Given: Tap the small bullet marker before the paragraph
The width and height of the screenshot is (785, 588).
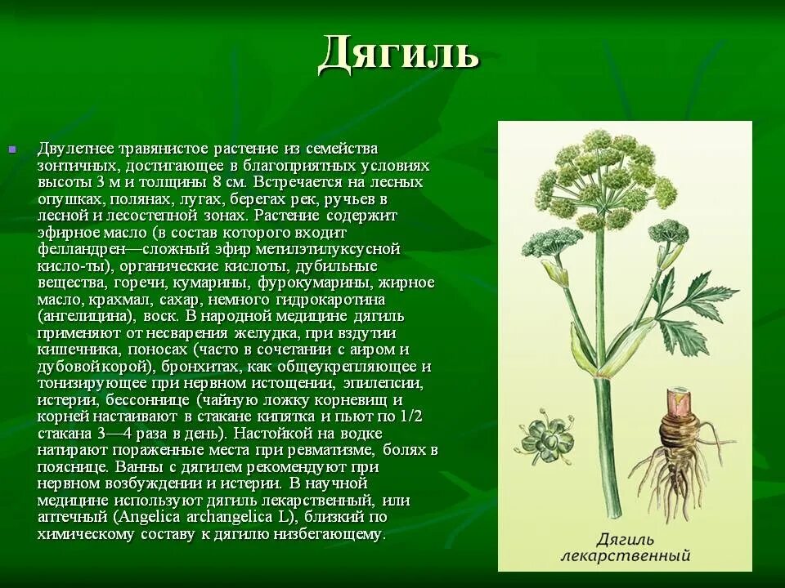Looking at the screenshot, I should (x=12, y=149).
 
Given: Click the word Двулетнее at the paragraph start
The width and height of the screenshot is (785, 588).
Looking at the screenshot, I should (x=76, y=149).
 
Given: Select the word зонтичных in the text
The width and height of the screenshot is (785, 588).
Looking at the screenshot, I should (x=75, y=165).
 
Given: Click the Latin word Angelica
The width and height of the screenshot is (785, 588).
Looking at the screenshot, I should (x=152, y=517).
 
